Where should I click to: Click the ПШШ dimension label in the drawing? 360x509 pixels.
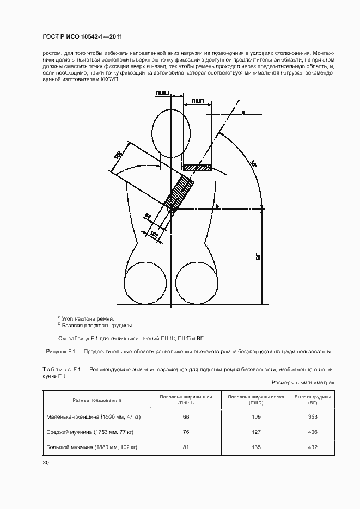click(x=162, y=94)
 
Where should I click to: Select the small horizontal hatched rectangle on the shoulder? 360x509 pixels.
click(x=197, y=168)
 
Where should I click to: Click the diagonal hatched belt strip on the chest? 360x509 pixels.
click(x=181, y=194)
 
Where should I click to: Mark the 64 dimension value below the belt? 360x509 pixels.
click(x=148, y=217)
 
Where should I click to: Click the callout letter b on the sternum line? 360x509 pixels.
click(x=217, y=205)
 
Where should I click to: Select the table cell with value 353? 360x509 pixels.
click(x=313, y=416)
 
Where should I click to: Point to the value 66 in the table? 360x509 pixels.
click(x=186, y=416)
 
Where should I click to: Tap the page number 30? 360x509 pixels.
click(x=46, y=463)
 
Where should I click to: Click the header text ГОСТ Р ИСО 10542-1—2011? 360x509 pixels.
click(x=82, y=36)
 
